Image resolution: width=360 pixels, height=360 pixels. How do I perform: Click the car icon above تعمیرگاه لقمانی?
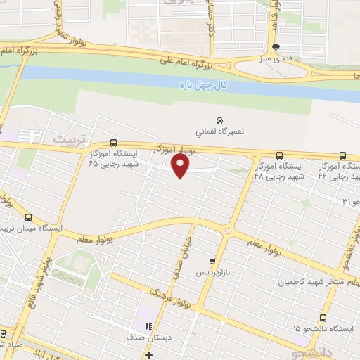click(220, 120)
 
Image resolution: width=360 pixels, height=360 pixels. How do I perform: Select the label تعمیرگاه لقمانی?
click(220, 131)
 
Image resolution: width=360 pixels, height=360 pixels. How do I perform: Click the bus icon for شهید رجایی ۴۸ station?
click(280, 155)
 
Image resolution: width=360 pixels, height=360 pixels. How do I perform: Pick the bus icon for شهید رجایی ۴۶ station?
click(342, 155)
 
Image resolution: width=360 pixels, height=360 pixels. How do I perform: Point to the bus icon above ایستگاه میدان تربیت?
click(28, 217)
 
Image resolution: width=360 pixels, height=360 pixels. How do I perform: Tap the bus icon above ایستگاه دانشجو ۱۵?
click(323, 318)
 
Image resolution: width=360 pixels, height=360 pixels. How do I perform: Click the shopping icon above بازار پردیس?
click(212, 261)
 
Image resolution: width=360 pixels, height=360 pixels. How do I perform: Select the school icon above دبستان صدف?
click(148, 326)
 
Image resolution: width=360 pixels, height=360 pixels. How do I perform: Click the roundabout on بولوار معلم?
click(228, 230)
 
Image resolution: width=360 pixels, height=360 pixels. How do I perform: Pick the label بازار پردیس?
click(212, 271)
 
